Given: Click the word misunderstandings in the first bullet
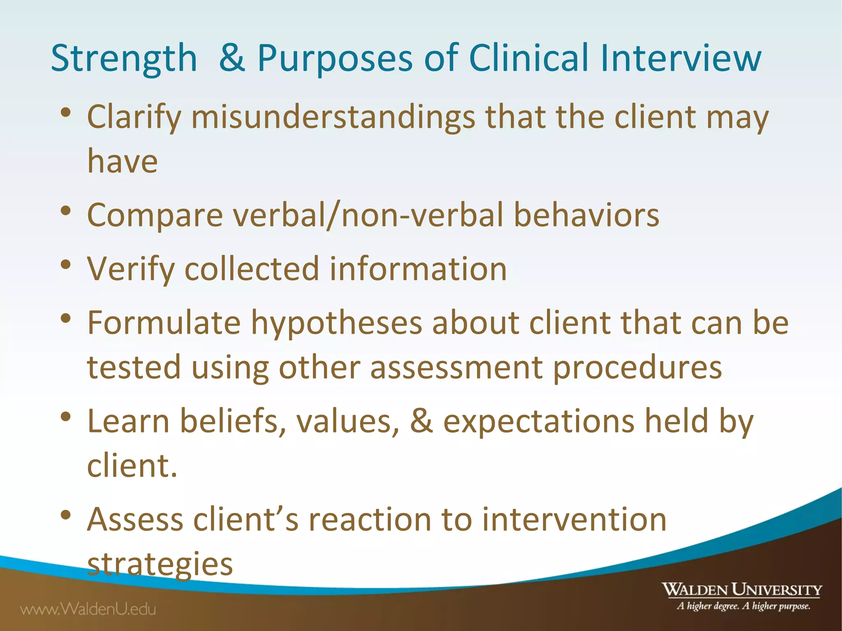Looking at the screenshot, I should pyautogui.click(x=333, y=117).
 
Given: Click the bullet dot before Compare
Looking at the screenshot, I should pyautogui.click(x=66, y=211).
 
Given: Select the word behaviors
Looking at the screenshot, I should pyautogui.click(x=586, y=215).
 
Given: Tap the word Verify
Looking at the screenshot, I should pyautogui.click(x=131, y=270).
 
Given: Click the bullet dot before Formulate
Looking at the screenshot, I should pyautogui.click(x=66, y=318).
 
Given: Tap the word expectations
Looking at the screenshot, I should pyautogui.click(x=539, y=422).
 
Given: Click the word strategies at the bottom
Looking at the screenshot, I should pyautogui.click(x=160, y=564).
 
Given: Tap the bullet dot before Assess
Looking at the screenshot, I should pyautogui.click(x=66, y=515).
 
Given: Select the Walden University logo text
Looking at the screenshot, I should pyautogui.click(x=741, y=590).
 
